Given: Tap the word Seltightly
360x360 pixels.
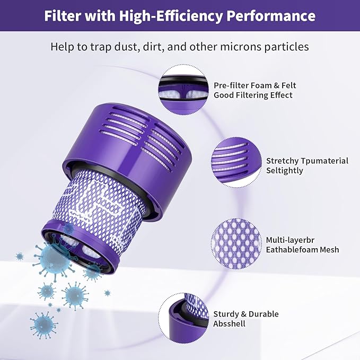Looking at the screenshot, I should pos(285,171).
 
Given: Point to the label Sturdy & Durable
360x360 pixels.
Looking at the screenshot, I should pos(246,314).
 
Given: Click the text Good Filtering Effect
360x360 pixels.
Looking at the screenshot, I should pos(253,95).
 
